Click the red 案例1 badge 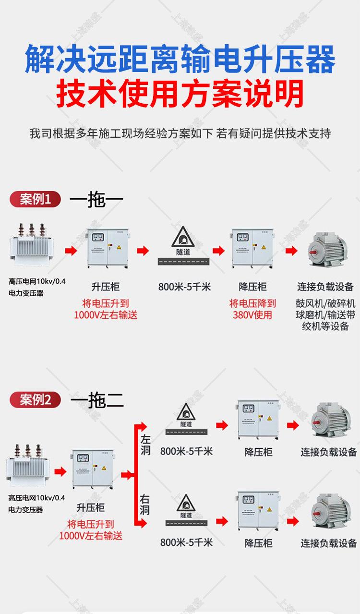(x=36, y=199)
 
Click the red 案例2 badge (x=36, y=399)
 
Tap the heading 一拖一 (x=96, y=199)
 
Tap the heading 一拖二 (x=96, y=399)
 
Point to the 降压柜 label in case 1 (x=252, y=287)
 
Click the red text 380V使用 (x=252, y=315)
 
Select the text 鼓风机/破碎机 (x=325, y=304)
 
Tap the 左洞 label (x=145, y=445)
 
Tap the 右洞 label (x=145, y=505)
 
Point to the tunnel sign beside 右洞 (x=186, y=505)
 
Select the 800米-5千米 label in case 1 (x=184, y=287)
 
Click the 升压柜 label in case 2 (x=90, y=507)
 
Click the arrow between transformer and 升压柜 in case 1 (x=71, y=250)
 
